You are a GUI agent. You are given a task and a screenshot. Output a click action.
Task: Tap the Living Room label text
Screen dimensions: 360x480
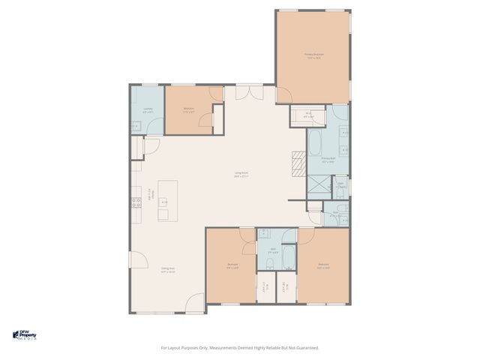[241, 175]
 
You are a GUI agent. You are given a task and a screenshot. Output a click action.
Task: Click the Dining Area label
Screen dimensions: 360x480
[168, 269]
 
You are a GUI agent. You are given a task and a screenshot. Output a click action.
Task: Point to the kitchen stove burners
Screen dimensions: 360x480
[137, 201]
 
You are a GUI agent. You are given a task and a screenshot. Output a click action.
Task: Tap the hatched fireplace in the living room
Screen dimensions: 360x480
[298, 163]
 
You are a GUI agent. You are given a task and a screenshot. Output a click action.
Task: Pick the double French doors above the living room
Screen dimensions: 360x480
[244, 93]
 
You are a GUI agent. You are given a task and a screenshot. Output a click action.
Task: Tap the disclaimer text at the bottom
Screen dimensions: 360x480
[240, 347]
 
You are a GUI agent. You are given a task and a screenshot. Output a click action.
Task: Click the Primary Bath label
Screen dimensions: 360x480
[328, 160]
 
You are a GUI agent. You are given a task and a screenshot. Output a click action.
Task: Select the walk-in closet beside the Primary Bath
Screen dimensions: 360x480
[308, 115]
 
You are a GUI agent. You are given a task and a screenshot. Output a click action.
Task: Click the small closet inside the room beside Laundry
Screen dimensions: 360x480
[217, 119]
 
